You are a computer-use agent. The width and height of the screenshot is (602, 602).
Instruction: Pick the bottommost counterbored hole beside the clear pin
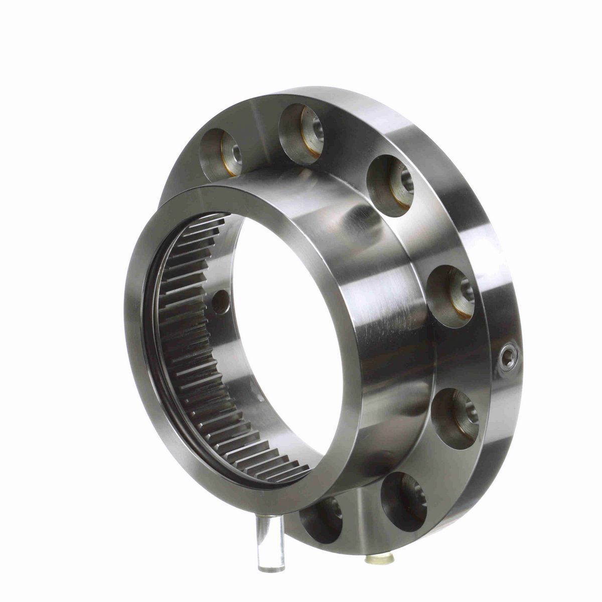[x=321, y=519]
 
